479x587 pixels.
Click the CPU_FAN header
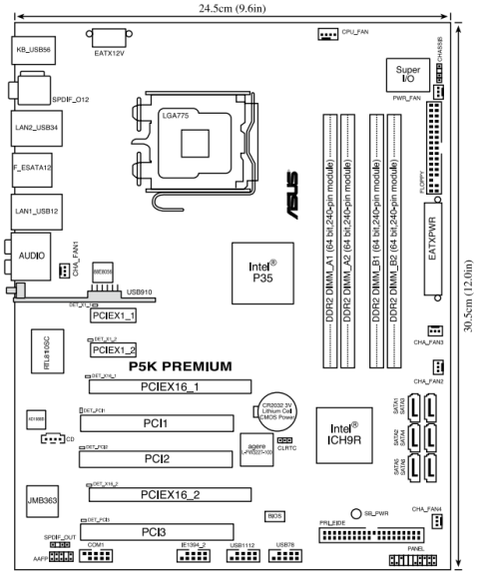pos(328,34)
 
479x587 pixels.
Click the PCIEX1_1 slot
pos(113,314)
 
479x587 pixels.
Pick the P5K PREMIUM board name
pos(180,366)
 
